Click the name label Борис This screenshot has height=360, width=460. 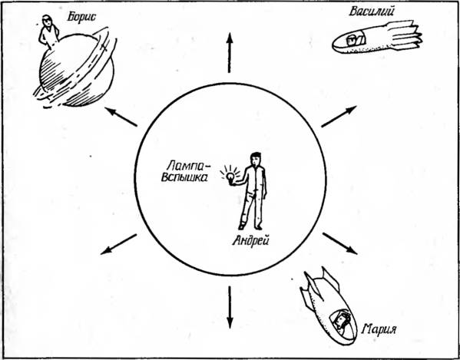[81, 17]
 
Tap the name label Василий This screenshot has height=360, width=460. [372, 12]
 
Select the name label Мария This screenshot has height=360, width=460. [379, 329]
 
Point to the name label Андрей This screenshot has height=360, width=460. [250, 242]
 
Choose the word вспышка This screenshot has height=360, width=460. [185, 177]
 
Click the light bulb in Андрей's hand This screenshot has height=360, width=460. [231, 177]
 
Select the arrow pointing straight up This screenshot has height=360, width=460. [230, 52]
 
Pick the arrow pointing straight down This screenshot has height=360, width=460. [230, 307]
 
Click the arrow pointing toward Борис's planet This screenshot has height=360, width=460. [121, 117]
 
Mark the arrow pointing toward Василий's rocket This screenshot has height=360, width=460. [339, 117]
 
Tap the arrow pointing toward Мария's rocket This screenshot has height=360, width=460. [339, 243]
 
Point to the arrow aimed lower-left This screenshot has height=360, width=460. [118, 244]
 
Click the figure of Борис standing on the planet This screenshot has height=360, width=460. [48, 31]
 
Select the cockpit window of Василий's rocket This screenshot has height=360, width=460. [356, 40]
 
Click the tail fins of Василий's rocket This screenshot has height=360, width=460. [404, 35]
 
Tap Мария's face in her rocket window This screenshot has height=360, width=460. [340, 319]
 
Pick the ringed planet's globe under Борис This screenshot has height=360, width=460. [76, 70]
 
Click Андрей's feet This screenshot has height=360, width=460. [250, 226]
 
